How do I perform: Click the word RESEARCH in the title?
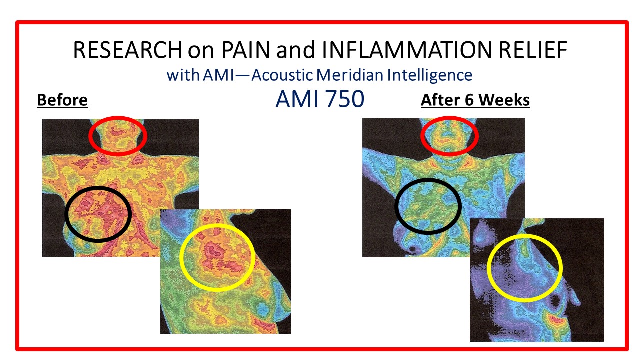127,50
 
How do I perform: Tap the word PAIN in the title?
245,50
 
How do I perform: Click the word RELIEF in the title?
533,50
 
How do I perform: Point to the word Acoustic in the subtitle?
282,75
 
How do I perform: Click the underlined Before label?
62,100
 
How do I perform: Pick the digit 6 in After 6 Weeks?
469,100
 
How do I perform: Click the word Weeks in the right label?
504,100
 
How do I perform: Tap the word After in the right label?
440,100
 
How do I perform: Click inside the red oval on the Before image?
118,136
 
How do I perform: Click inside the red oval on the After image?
449,136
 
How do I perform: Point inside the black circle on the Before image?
98,214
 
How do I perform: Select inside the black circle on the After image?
428,206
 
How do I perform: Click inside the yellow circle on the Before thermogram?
217,257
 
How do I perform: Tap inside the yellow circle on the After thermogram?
525,268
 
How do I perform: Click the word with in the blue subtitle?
183,75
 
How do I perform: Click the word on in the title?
201,51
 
